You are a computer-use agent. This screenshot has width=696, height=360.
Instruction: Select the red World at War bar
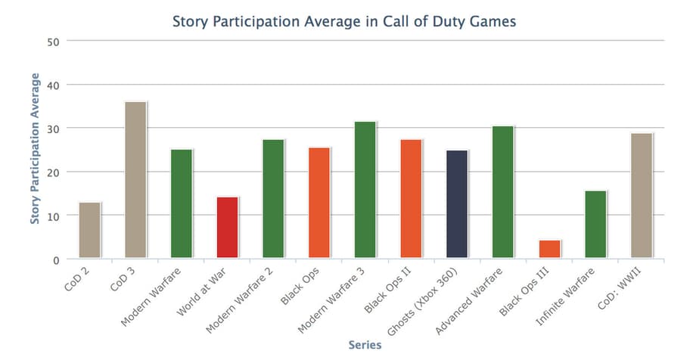coord(227,228)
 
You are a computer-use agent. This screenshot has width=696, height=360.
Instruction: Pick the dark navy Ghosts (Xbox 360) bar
coord(457,204)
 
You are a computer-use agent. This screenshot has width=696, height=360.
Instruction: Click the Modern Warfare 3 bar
coord(365,190)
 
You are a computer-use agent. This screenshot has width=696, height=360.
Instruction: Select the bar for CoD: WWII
coord(641,196)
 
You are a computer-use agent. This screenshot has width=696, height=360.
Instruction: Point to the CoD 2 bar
coord(89,231)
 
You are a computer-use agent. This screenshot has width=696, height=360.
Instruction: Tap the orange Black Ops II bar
coord(411,199)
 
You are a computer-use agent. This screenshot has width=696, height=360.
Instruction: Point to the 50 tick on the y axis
coord(53,41)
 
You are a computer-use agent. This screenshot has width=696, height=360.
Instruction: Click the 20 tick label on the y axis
coord(53,172)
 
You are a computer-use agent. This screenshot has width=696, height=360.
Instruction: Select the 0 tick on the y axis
coord(55,260)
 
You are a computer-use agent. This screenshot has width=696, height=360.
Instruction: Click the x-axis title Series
coord(365,345)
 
